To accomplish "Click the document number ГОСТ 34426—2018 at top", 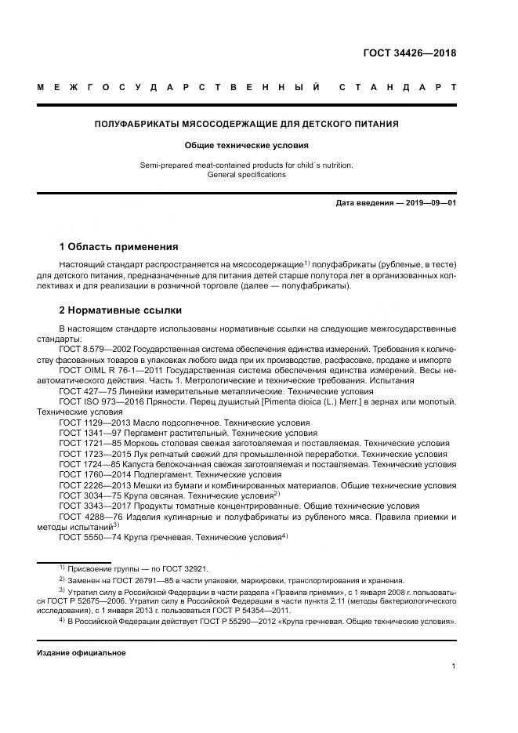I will [409, 53].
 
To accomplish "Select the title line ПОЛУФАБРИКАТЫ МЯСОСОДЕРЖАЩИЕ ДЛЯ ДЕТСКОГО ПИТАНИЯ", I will [247, 124].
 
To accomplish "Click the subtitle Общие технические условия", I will [247, 145].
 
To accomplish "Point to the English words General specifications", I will [247, 175].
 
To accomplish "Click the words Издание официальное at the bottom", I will [81, 652].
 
